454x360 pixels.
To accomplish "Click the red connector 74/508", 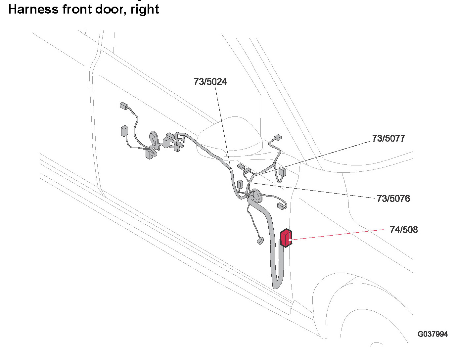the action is [286, 238].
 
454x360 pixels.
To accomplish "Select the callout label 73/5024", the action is [210, 82].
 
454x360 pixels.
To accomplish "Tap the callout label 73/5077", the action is [388, 138].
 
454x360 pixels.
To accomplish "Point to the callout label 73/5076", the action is [393, 199].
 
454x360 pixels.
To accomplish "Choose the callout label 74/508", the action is [404, 230].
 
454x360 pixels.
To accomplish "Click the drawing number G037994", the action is [432, 334].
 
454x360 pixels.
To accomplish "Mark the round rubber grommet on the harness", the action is [255, 197].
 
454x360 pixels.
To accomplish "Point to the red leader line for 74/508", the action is [338, 234].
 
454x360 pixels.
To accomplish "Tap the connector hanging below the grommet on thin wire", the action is [260, 241].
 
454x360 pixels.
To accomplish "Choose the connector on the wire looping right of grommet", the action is [281, 206].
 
